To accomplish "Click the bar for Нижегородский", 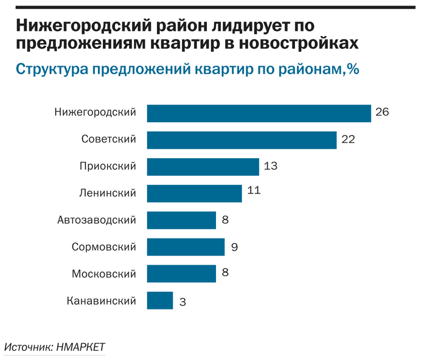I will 259,113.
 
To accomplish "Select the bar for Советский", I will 242,140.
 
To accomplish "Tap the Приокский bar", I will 203,167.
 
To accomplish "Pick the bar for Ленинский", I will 194,193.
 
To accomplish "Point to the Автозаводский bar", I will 181,220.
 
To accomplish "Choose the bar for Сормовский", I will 186,247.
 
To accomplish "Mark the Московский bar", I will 181,274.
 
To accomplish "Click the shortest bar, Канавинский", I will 160,300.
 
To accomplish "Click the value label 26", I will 382,112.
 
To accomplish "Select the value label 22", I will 348,139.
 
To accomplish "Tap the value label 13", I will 271,166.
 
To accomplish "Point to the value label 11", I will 254,191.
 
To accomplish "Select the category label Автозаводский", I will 97,220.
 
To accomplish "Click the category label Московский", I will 104,274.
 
